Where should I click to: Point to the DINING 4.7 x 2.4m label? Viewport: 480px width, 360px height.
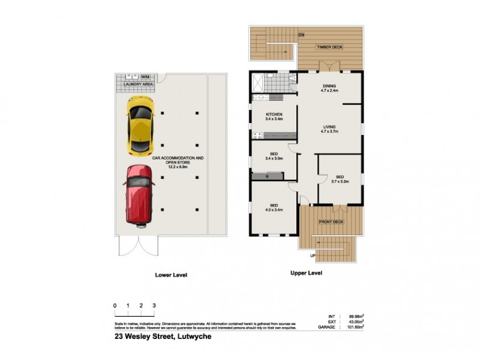pos(330,89)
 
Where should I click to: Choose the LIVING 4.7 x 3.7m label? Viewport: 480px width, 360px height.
pos(330,129)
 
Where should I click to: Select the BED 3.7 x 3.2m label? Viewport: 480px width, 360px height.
pos(339,178)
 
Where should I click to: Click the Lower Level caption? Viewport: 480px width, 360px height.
pos(171,275)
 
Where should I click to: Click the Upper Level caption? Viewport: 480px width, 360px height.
pos(307,272)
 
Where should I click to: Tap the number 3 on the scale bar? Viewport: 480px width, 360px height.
pos(154,306)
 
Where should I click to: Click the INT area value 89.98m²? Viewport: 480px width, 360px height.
pos(358,316)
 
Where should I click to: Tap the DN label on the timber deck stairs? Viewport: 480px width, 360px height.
pos(301,35)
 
